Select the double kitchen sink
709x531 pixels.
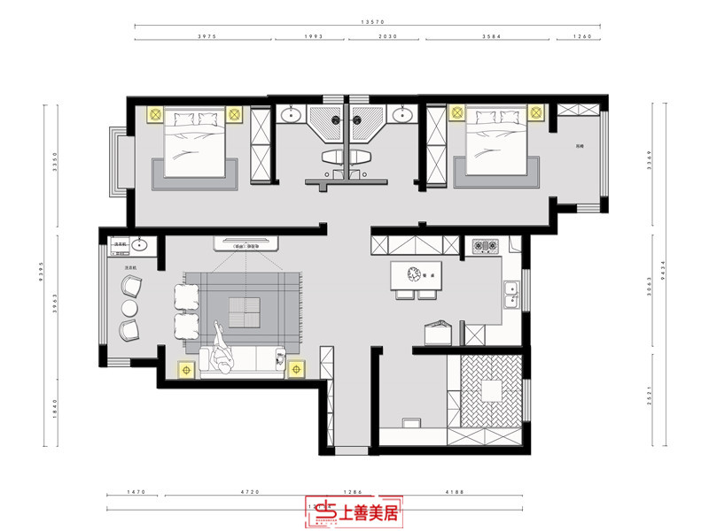(x=511, y=295)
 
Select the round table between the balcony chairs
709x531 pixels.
(x=129, y=309)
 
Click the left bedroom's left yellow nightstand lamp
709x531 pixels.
(x=153, y=114)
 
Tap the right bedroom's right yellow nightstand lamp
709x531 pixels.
(x=535, y=113)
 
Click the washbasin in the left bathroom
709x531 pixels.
(x=290, y=115)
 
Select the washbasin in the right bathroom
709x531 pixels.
(x=404, y=115)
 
